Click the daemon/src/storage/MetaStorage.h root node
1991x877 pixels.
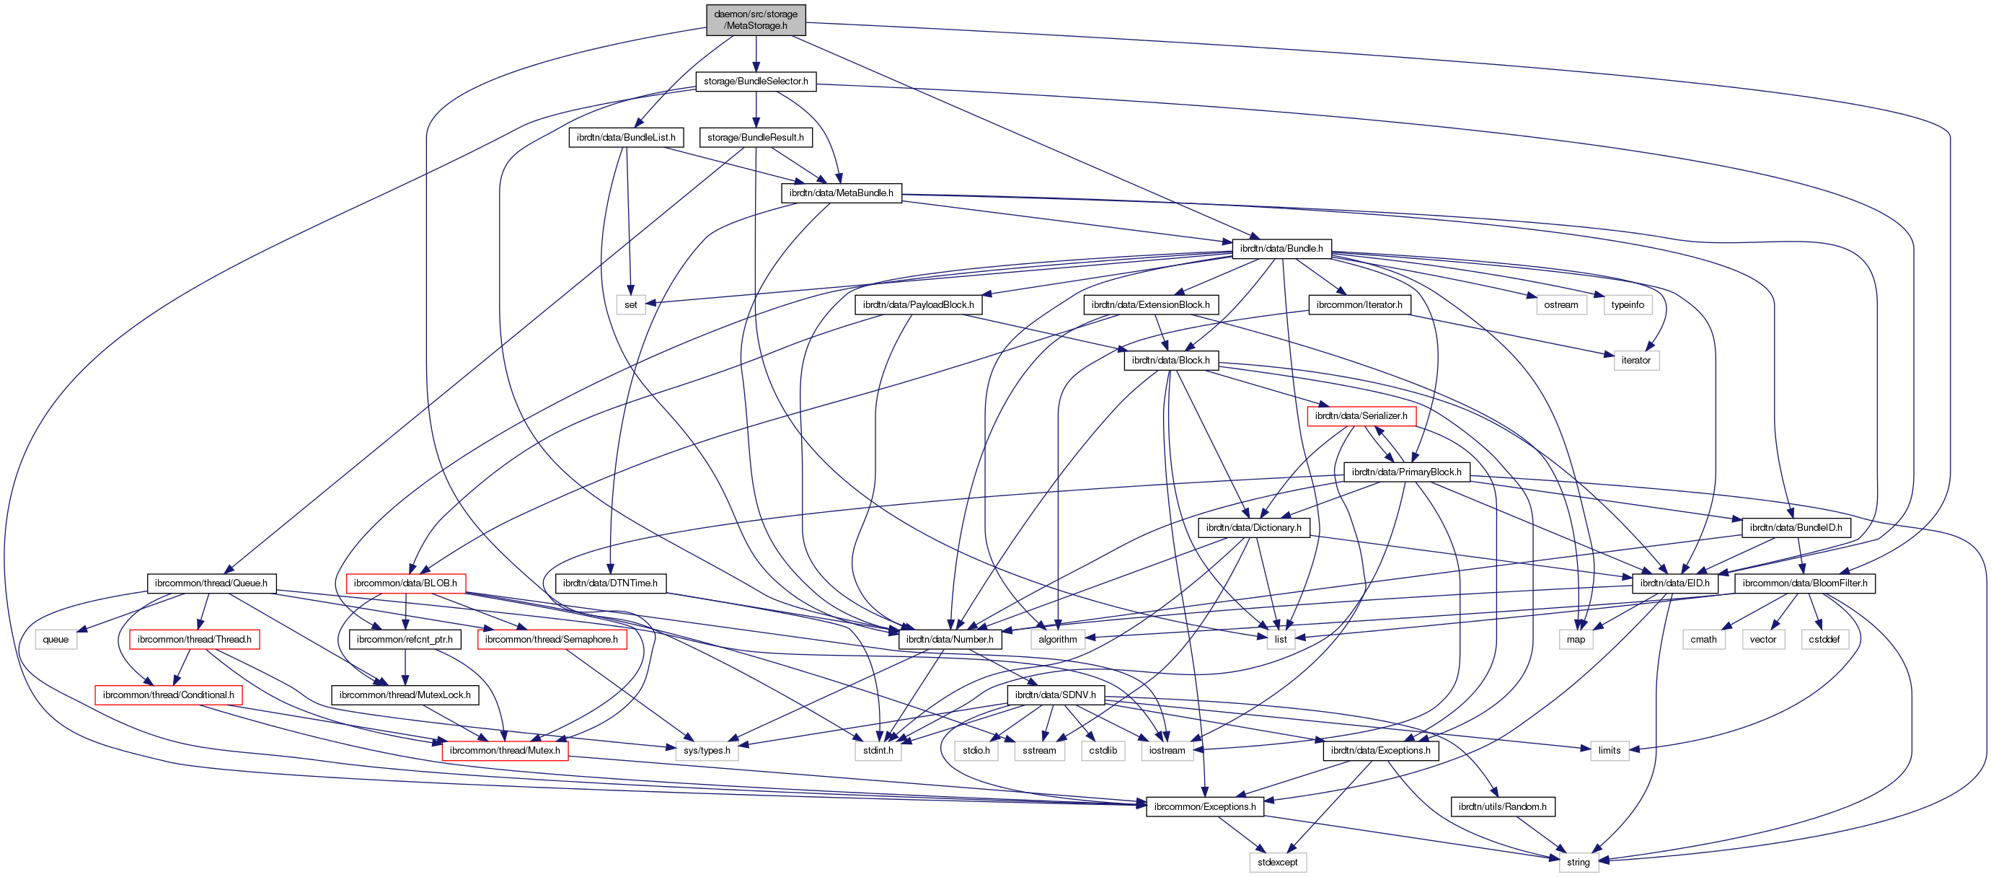pos(755,19)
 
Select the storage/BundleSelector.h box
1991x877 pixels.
pos(755,81)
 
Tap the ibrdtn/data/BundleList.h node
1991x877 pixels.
pos(625,138)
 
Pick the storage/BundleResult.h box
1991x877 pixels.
pos(755,138)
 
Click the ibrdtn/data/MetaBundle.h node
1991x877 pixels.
pos(841,193)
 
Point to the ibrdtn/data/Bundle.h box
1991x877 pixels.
pos(1281,249)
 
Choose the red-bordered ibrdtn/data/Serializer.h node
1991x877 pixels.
pos(1360,415)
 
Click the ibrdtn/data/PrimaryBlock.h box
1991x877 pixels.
pos(1406,472)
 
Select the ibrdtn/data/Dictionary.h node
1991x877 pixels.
pos(1253,528)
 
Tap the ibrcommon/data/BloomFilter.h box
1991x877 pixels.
pos(1804,583)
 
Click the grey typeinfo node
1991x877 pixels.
pos(1627,304)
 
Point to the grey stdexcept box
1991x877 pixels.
pos(1277,863)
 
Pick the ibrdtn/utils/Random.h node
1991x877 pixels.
pos(1502,807)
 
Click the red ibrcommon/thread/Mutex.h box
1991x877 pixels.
pos(505,750)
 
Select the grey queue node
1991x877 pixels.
pos(56,640)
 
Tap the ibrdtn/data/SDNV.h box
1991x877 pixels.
pos(1055,695)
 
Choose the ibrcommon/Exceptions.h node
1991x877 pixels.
pos(1204,807)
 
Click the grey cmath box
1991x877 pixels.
pos(1703,640)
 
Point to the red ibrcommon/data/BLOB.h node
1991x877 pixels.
pos(405,583)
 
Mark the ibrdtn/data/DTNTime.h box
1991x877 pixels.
pos(610,583)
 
